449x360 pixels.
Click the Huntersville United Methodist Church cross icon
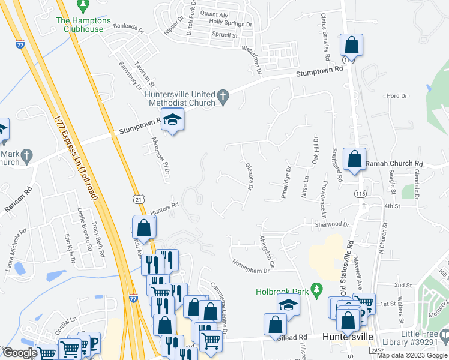(223, 96)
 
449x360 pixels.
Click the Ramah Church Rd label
(394, 163)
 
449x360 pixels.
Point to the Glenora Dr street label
(248, 176)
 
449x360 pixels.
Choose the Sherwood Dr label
(331, 224)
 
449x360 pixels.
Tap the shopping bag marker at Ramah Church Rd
(354, 160)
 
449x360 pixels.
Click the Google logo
(19, 353)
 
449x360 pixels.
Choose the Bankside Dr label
(129, 28)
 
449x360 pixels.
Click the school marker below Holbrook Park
(288, 305)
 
